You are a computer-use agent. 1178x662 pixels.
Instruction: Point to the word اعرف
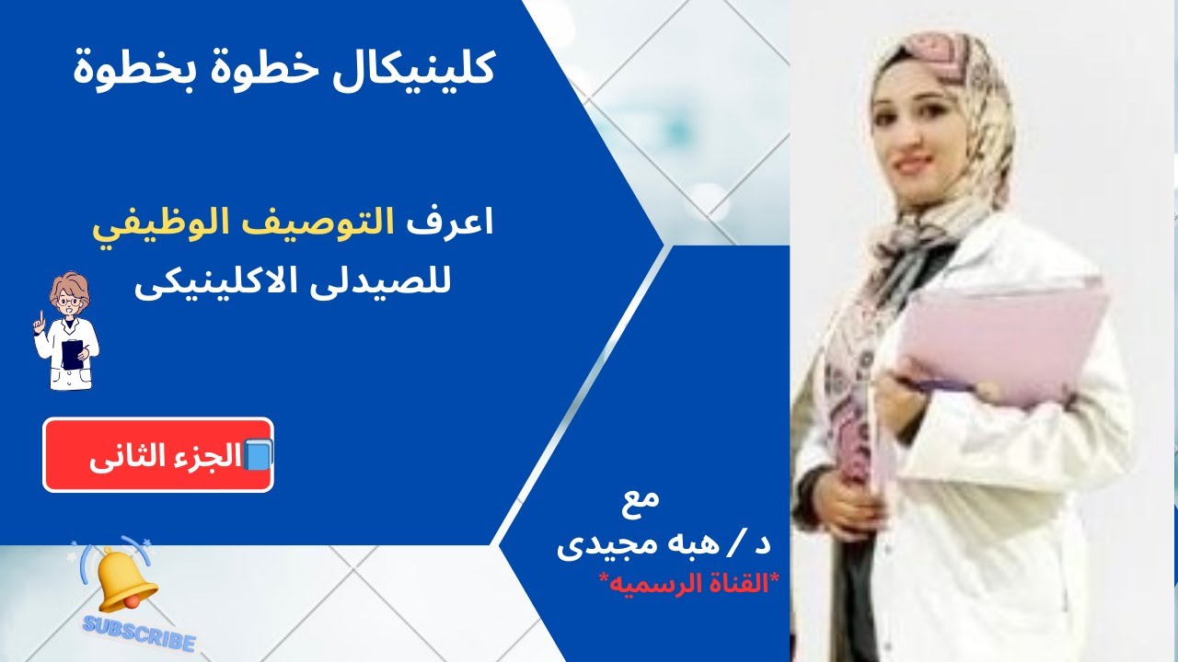tap(450, 223)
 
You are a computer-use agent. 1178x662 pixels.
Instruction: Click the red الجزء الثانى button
tap(158, 455)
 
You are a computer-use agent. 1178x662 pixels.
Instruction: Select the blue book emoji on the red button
tap(258, 455)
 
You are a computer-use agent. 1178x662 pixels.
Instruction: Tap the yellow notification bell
tap(125, 580)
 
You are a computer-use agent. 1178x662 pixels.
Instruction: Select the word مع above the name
tap(641, 501)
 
